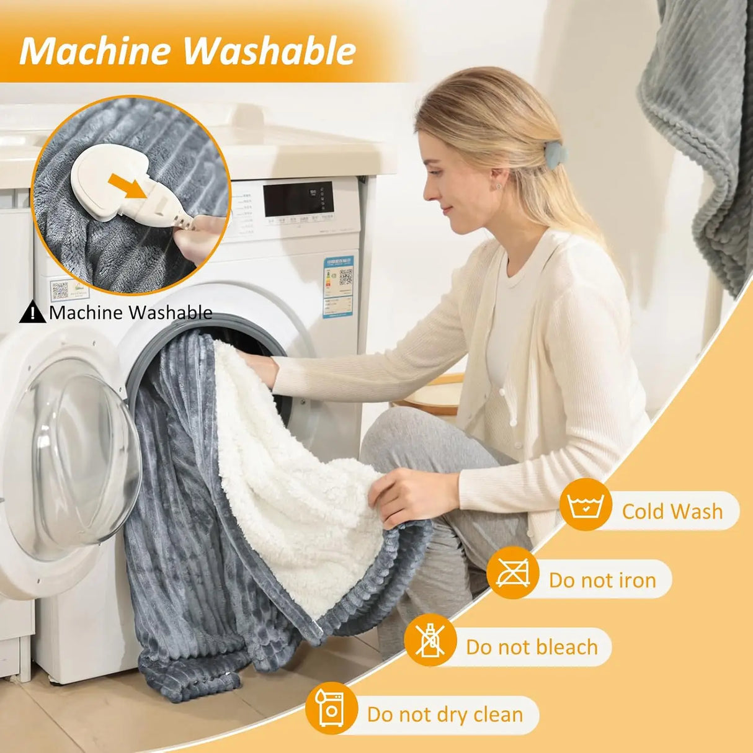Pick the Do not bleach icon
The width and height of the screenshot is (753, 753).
point(430,640)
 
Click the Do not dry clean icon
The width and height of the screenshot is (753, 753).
point(331,708)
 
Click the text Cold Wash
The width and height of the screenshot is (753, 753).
point(672,511)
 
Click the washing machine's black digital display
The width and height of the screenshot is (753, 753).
point(298,198)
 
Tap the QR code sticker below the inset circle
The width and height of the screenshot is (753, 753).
point(60,289)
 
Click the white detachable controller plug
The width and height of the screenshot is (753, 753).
point(112,180)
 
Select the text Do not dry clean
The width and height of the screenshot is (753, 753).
point(445,715)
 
